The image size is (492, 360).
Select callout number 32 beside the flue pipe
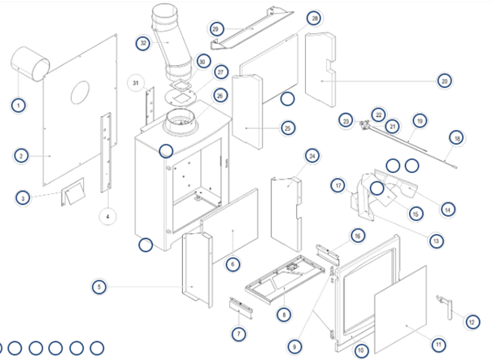143,43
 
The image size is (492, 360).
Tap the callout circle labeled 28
315,18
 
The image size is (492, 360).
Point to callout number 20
444,80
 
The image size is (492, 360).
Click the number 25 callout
288,128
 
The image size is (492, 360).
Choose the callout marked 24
312,154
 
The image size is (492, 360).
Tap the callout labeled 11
438,345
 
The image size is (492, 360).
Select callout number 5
99,286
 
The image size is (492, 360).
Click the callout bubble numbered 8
284,314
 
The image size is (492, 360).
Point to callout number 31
136,83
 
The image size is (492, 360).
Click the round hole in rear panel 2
81,91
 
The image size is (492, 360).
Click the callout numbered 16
357,236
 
